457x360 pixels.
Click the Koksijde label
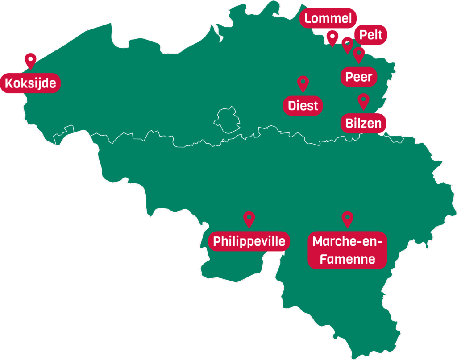point(30,83)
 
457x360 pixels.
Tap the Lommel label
point(328,19)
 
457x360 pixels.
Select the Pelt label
point(371,34)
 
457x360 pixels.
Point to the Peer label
point(359,77)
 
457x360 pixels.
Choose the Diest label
point(303,106)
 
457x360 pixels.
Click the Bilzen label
point(364,123)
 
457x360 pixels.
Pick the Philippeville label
point(249,241)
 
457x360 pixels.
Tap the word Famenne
point(347,259)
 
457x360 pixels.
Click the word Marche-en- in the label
point(347,242)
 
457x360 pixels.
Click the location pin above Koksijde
point(30,60)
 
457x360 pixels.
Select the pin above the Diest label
point(303,83)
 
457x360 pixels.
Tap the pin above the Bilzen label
point(364,100)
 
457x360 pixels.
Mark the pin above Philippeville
point(249,219)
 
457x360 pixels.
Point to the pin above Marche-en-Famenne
point(347,219)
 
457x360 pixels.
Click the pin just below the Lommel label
point(332,37)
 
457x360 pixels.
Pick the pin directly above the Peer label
point(359,54)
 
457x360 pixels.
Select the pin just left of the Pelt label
point(347,45)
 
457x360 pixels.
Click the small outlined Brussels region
point(226,120)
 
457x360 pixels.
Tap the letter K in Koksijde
point(9,83)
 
